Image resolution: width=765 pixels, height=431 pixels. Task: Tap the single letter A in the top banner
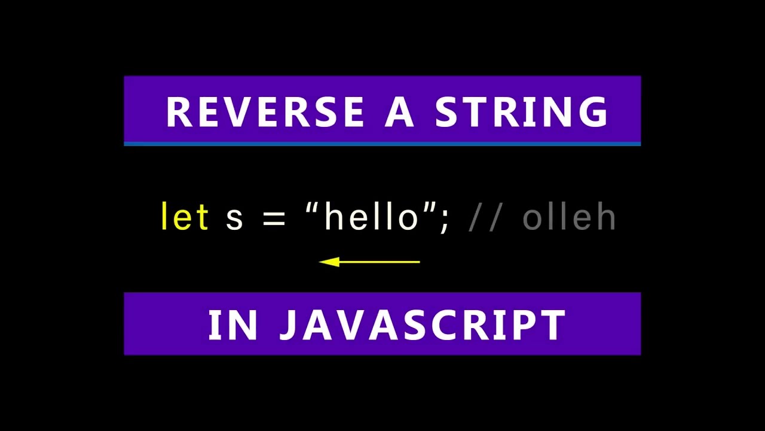coord(399,112)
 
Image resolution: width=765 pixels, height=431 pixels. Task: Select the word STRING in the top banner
coord(522,112)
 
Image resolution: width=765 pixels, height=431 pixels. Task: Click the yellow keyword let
coord(185,217)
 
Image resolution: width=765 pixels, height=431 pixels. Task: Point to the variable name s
coord(234,219)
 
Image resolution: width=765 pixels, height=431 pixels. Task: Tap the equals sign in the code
coord(274,219)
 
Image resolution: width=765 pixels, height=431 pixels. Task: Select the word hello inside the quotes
coord(371,217)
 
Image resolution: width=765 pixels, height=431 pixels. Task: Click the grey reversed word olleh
coord(569,217)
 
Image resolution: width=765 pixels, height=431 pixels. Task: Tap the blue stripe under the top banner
coord(382,144)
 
